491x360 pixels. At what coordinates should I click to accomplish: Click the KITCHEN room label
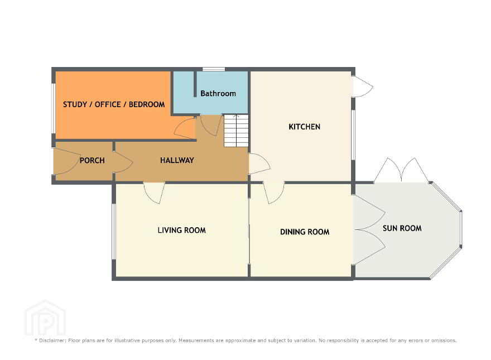coord(305,127)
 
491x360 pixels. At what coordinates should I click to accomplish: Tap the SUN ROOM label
coord(402,228)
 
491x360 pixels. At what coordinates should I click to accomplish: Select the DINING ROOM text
coord(305,232)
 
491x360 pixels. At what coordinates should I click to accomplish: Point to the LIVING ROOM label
coord(182,231)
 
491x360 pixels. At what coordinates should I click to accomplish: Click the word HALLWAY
coord(177,160)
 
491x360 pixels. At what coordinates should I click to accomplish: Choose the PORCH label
coord(92,160)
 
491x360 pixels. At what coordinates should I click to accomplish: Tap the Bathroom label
coord(218,93)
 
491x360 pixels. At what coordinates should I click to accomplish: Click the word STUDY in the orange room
coord(75,104)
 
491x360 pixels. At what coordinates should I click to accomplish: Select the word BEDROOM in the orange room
coord(147,104)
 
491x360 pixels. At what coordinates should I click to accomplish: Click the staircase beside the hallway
coord(236,131)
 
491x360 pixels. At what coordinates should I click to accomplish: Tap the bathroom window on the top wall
coord(214,69)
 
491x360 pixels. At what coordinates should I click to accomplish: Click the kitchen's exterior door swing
coord(363,86)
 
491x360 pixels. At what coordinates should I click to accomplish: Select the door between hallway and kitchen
coord(259,164)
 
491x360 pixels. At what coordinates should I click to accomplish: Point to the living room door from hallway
coord(155,193)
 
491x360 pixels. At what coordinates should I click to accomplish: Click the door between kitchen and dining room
coord(274,193)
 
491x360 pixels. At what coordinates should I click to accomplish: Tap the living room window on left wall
coord(114,232)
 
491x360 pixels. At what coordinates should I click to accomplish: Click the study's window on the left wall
coord(54,108)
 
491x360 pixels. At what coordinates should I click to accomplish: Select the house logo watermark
coord(45,318)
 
